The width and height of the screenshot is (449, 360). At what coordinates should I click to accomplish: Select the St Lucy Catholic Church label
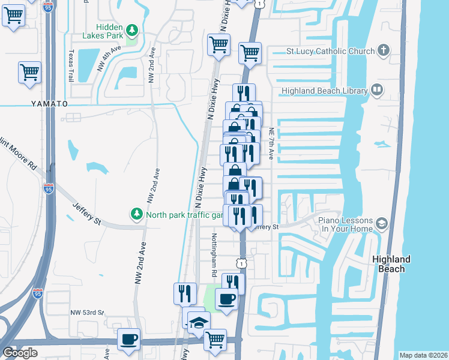331,51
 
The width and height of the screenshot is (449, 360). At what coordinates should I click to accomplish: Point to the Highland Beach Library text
324,91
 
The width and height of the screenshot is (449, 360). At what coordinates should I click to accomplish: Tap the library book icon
377,91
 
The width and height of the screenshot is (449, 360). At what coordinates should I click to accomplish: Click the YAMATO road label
50,104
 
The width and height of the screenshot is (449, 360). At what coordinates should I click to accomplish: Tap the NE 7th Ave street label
271,143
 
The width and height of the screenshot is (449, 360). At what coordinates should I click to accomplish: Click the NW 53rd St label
88,313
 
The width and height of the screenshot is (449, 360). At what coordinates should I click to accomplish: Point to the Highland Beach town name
391,264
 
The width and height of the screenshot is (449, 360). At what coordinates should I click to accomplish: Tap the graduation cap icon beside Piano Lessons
381,224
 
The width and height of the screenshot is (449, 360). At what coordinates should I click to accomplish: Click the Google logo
20,353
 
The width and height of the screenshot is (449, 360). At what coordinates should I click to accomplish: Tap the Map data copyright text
423,355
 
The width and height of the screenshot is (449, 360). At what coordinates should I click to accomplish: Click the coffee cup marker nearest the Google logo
129,339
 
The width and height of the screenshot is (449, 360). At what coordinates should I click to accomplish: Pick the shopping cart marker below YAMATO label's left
29,73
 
